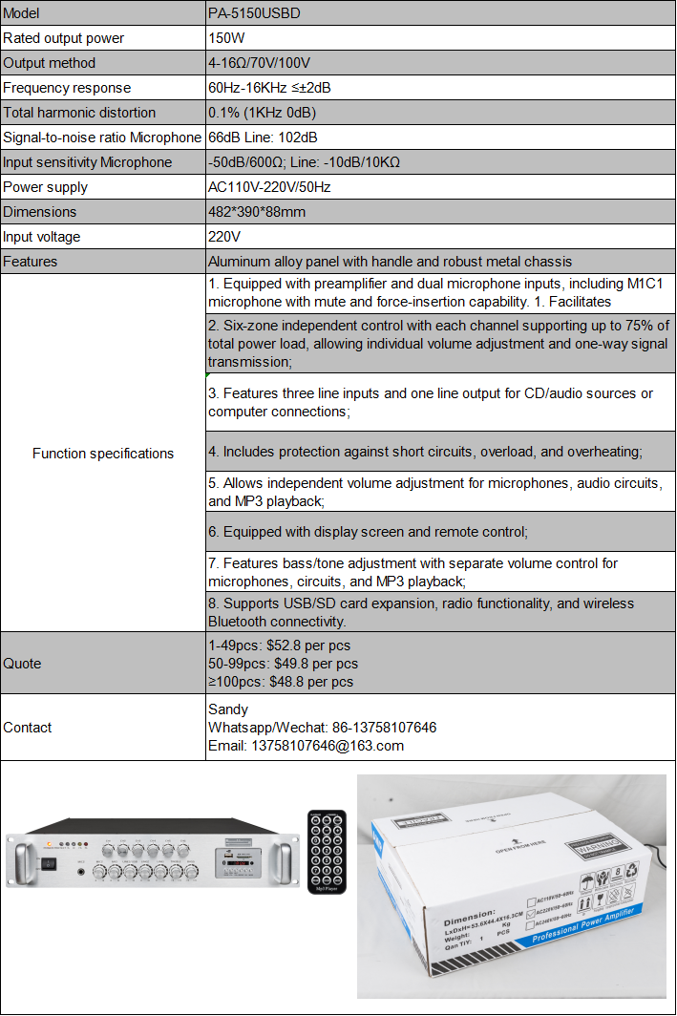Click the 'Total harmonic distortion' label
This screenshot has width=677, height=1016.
79,113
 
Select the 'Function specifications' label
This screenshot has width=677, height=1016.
103,454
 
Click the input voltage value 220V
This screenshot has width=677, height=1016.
224,237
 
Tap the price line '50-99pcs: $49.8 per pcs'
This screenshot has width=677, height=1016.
283,664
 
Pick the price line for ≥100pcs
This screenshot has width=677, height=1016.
281,682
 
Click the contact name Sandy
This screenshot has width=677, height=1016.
228,709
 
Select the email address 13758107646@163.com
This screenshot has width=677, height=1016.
306,746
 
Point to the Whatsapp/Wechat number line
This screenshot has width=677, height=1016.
322,728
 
